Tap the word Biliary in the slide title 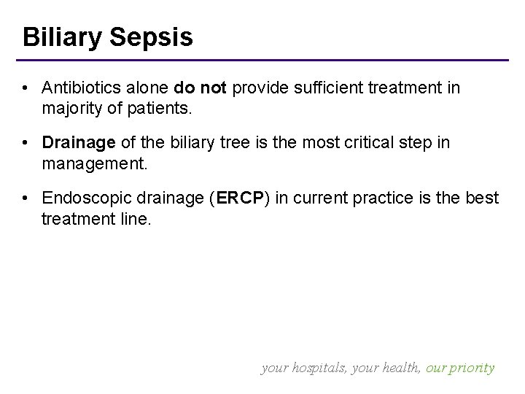pos(61,37)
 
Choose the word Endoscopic pos(79,197)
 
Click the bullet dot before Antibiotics pos(26,88)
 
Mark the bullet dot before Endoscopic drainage pos(26,198)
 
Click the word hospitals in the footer pos(318,368)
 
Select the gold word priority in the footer pos(472,368)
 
